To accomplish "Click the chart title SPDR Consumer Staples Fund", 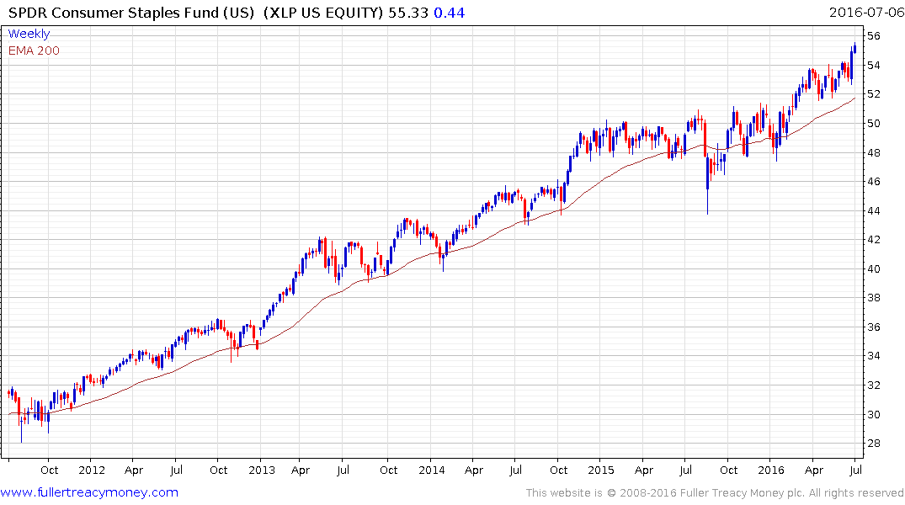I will click(130, 13).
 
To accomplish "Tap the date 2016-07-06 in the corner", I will click(865, 13).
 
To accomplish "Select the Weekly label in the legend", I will click(29, 34).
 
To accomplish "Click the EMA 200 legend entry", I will click(34, 50).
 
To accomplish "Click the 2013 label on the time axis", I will click(262, 470).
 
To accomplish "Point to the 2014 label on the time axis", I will click(432, 470).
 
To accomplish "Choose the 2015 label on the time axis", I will click(602, 470).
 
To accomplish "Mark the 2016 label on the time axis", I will click(772, 470).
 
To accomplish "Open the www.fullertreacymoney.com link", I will click(89, 492).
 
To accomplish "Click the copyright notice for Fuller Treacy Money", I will click(715, 493).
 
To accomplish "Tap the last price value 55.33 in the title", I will click(410, 13).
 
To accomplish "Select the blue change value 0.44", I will click(449, 13).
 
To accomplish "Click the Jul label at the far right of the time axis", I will click(855, 470).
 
